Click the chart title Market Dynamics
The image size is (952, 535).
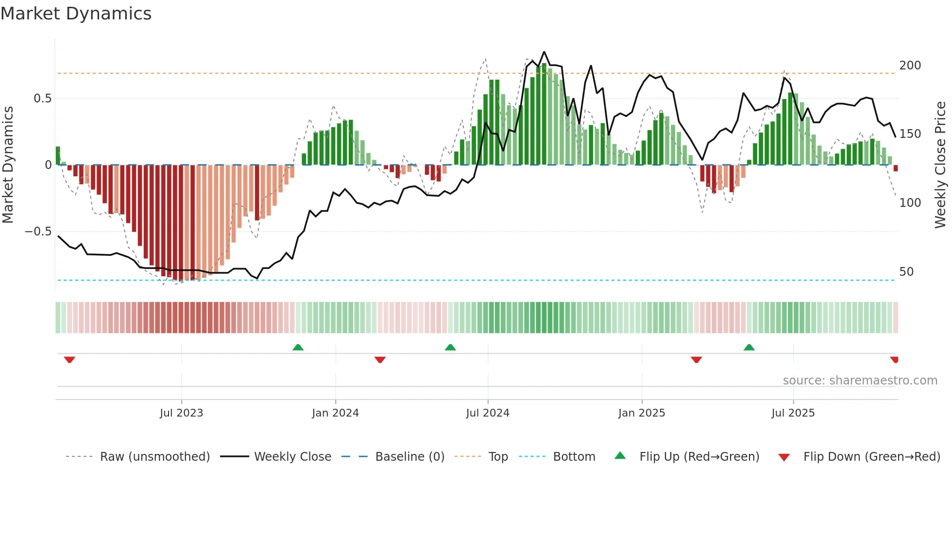pos(76,14)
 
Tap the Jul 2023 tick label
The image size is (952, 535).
pos(181,413)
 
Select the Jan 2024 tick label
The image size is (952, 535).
pos(335,413)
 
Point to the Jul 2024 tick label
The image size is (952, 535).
pos(488,413)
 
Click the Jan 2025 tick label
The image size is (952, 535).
pos(642,413)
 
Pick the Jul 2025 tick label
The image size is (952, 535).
pos(793,413)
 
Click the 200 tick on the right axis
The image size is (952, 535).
pos(910,66)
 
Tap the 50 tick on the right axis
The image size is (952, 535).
pos(906,272)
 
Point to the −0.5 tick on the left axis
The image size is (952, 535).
pos(38,232)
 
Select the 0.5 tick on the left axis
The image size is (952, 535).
pos(42,99)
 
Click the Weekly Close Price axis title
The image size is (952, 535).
pos(940,165)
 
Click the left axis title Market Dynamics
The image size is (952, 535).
pos(8,165)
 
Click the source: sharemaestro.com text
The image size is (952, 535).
pos(860,381)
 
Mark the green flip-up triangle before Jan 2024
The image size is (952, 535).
pos(298,348)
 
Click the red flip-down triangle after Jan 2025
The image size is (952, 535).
pos(696,360)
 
